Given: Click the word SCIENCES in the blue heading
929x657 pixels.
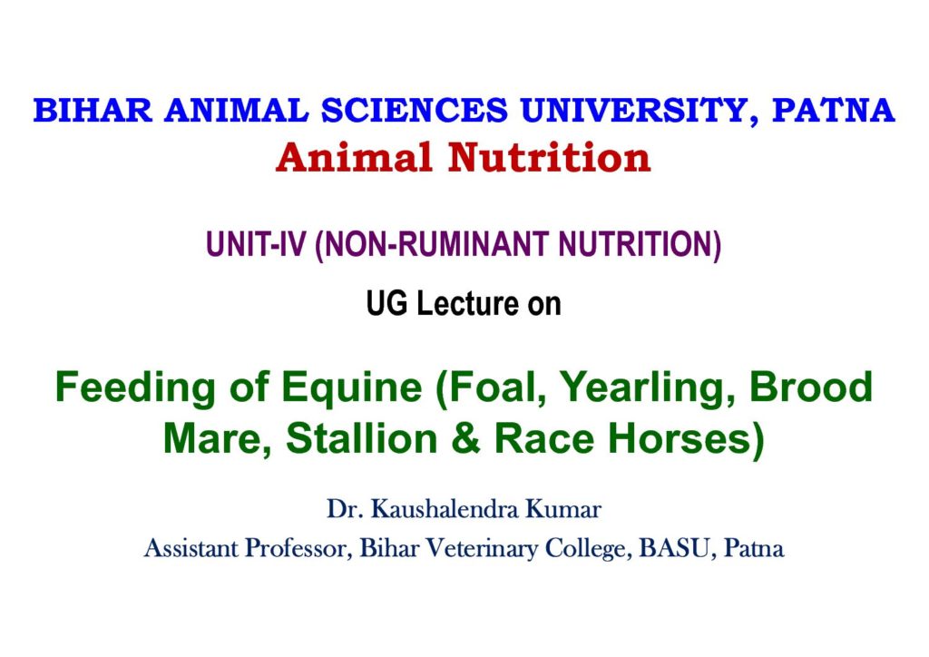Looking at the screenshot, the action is pyautogui.click(x=415, y=110).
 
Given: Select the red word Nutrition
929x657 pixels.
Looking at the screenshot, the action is pyautogui.click(x=549, y=158).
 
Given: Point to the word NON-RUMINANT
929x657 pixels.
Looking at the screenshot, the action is pyautogui.click(x=436, y=245).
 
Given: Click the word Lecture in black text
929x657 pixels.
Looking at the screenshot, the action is pyautogui.click(x=467, y=303).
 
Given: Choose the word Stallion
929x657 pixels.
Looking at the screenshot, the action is pyautogui.click(x=361, y=438).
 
